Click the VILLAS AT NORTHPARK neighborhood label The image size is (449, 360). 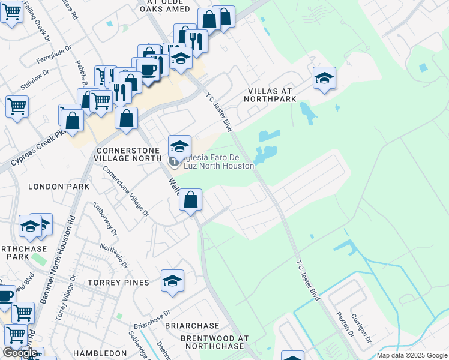(277, 97)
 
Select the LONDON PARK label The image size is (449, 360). (59, 187)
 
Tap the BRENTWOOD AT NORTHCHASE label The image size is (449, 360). (214, 343)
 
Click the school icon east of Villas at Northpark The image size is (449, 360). (324, 79)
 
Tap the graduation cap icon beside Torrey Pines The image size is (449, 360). (172, 281)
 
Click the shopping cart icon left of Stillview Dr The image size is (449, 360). (17, 107)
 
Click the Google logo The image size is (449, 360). (20, 353)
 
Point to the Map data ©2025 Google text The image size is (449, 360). (412, 355)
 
